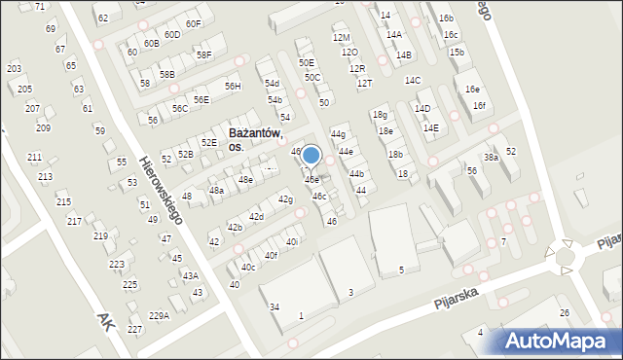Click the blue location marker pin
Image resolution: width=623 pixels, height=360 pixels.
(x=311, y=156)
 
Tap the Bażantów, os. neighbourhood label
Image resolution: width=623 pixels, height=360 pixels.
(x=255, y=139)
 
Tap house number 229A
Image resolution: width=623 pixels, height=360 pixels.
(x=159, y=315)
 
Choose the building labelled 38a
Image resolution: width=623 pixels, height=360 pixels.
(x=492, y=157)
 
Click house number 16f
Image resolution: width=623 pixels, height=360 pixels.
(x=479, y=105)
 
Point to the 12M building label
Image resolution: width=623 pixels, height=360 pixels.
(x=341, y=38)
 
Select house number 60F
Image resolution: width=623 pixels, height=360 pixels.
(x=193, y=23)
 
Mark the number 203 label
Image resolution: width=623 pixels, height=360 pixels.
(x=14, y=69)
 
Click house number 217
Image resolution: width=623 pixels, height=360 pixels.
(x=74, y=221)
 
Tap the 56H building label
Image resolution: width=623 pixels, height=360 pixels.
(x=233, y=87)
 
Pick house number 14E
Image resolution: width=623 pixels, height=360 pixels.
(x=430, y=127)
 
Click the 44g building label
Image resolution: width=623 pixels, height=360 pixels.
(x=338, y=133)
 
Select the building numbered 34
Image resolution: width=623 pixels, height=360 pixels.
(x=275, y=307)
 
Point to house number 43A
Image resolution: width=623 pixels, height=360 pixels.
(x=191, y=275)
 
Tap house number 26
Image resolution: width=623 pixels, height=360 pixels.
(x=564, y=312)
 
